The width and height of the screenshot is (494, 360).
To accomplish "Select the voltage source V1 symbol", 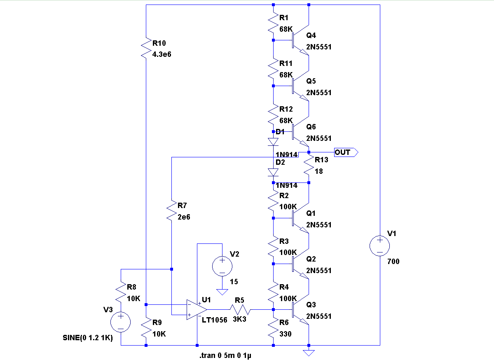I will coord(380,246).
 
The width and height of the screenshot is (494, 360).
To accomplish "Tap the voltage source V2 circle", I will coord(222,266).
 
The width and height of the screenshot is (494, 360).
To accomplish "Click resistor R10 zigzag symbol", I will coord(146,48).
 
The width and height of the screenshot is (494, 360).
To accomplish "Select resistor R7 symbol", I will coord(171,211).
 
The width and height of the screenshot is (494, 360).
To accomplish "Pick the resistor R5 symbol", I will coord(239,309).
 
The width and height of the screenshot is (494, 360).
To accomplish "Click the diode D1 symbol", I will coord(273,142).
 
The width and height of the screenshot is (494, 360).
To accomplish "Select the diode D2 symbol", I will coord(273,172).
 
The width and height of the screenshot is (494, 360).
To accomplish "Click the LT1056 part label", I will coord(214,320).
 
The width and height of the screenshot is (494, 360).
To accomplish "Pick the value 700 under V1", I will coord(394,261).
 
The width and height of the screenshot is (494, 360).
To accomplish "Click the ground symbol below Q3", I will coord(309,353).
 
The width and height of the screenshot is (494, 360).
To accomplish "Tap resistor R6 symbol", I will coord(273,328).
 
